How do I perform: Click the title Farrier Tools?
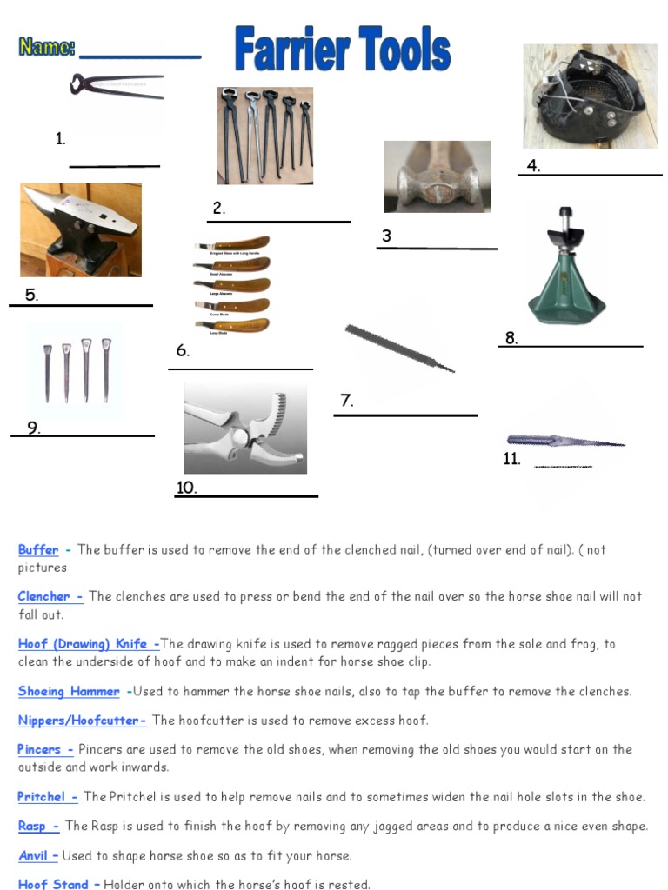(342, 50)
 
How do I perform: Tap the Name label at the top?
(48, 47)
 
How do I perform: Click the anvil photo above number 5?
(80, 229)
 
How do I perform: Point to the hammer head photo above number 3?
(437, 177)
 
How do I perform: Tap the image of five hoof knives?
(231, 286)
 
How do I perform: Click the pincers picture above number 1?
(117, 87)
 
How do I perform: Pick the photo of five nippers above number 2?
(264, 136)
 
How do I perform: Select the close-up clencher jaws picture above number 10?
(244, 428)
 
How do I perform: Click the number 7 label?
(346, 401)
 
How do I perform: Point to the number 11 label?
(511, 459)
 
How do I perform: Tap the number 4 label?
(533, 167)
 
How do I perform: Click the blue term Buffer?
(38, 549)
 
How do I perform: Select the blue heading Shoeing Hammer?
(69, 692)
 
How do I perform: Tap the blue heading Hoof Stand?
(53, 884)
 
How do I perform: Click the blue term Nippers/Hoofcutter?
(80, 721)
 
